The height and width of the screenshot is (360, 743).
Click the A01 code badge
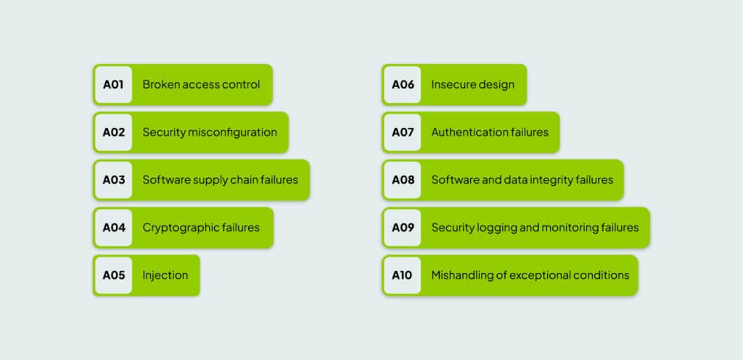click(x=113, y=85)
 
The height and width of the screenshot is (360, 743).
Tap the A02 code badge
click(x=113, y=133)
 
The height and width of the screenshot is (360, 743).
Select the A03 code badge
click(x=113, y=180)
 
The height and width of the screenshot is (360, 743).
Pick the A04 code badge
click(x=113, y=228)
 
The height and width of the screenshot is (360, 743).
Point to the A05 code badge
click(x=113, y=275)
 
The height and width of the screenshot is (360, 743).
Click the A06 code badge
click(x=402, y=85)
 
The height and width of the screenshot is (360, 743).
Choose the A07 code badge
click(x=402, y=133)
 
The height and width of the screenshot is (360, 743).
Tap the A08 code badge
click(x=402, y=180)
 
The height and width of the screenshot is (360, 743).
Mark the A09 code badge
click(x=402, y=228)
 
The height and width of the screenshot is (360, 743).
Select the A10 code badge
click(x=402, y=275)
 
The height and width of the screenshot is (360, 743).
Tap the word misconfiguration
click(x=232, y=133)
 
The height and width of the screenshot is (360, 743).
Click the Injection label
click(x=165, y=276)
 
